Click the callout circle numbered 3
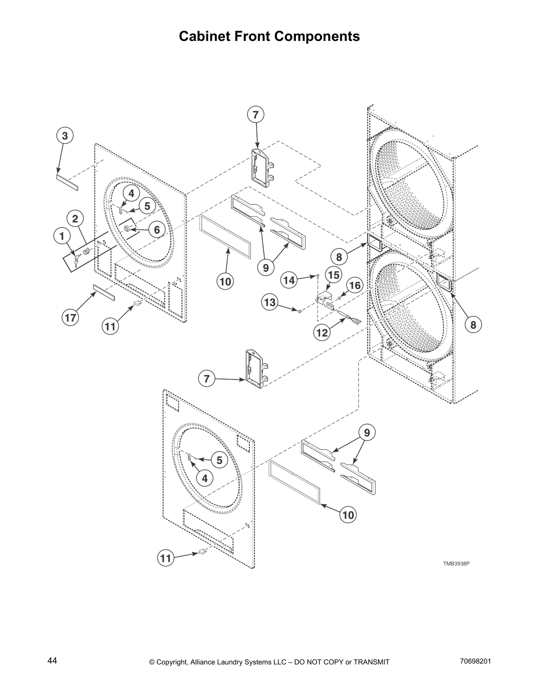(65, 136)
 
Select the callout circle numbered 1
(62, 236)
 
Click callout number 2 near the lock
(75, 219)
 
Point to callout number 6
(156, 230)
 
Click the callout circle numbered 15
(334, 275)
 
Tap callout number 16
(355, 286)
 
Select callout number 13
(270, 302)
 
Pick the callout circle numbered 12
(322, 333)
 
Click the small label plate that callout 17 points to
(104, 293)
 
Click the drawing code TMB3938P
(456, 563)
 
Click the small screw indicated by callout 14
(317, 276)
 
